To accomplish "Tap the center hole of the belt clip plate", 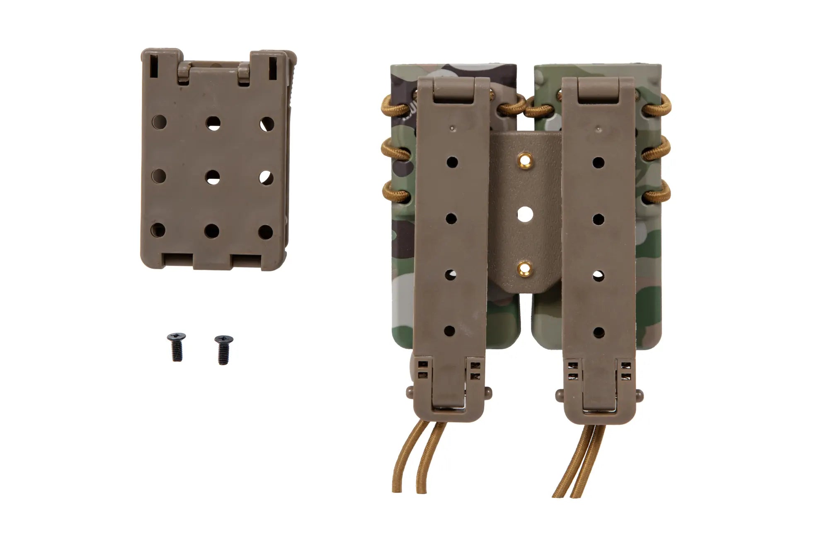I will pyautogui.click(x=213, y=178).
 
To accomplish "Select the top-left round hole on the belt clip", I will pyautogui.click(x=160, y=122).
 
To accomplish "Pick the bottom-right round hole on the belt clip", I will pyautogui.click(x=266, y=232).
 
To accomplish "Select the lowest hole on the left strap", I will pyautogui.click(x=449, y=331).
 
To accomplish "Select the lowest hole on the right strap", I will pyautogui.click(x=598, y=332).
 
